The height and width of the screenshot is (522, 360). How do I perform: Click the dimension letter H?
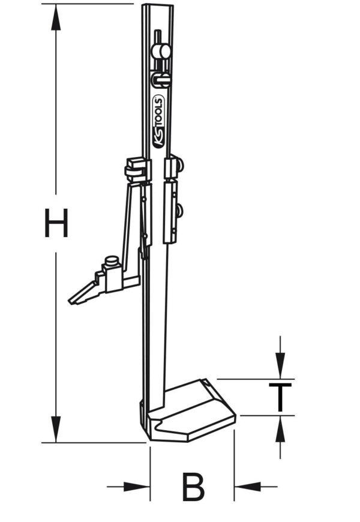[x=56, y=223]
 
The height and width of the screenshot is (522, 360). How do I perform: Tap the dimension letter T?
[x=280, y=397]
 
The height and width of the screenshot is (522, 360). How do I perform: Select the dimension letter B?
[x=193, y=487]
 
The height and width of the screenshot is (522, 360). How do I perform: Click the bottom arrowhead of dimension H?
[x=56, y=429]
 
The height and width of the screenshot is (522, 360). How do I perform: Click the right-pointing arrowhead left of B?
[x=137, y=487]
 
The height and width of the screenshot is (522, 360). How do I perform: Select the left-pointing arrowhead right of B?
[x=248, y=487]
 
